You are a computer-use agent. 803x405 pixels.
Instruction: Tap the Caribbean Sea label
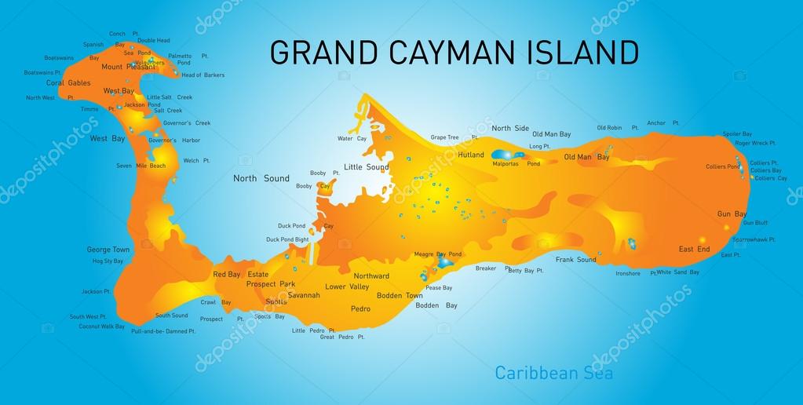[x=553, y=372]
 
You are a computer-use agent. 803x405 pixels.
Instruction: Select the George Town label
[x=108, y=250]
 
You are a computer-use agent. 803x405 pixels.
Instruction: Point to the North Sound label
[x=261, y=178]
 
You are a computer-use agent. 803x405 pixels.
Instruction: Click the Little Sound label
[x=367, y=167]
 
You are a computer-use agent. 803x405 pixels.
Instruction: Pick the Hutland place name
[x=471, y=155]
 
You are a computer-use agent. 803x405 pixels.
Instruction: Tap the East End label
[x=694, y=249]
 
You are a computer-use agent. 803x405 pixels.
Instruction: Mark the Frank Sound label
[x=576, y=259]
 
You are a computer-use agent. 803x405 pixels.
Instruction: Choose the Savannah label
[x=304, y=295]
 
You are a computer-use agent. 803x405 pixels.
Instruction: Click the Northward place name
[x=371, y=276]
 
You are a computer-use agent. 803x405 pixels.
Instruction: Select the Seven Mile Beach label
[x=141, y=166]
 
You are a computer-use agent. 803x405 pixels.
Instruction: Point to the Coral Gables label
[x=68, y=82]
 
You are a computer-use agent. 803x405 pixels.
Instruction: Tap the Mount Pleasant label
[x=129, y=67]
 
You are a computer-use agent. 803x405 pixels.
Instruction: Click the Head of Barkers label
[x=203, y=75]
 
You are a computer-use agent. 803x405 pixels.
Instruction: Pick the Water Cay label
[x=352, y=138]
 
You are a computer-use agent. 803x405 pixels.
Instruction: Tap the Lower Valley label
[x=347, y=286]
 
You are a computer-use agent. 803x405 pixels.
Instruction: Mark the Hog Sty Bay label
[x=108, y=261]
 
